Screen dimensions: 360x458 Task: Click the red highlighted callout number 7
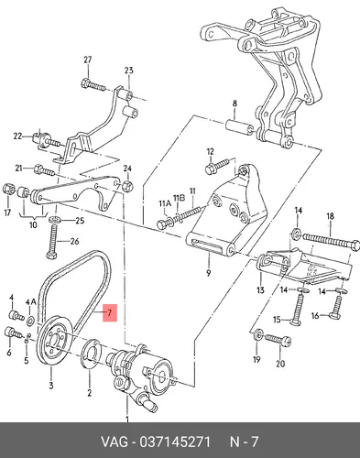coord(110,312)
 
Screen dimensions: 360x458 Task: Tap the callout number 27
coord(88,60)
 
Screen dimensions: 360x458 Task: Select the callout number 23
coord(129,71)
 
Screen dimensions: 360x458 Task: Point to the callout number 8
coord(235,104)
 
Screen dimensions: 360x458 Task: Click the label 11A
coord(165,203)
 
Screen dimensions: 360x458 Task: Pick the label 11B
coord(180,198)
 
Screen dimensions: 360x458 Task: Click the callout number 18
coord(330,216)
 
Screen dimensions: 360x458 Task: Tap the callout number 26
coord(74,242)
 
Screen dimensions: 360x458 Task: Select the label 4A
coord(30,302)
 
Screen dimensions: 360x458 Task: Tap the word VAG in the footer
coord(115,442)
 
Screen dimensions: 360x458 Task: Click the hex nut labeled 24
coord(127,186)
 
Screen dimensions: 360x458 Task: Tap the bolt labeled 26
coord(54,241)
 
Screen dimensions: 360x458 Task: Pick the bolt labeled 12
coord(217,165)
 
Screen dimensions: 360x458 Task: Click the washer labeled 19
coord(258,334)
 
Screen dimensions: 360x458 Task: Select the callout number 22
coord(17,136)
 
